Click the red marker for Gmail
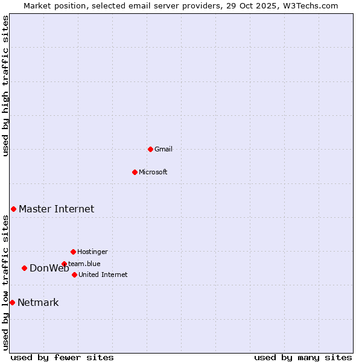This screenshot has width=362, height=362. tap(150, 149)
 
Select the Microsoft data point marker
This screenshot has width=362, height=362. tap(135, 172)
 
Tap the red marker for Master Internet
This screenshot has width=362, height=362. tap(13, 209)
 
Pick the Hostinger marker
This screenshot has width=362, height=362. tap(73, 252)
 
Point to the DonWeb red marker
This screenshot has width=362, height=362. tap(24, 268)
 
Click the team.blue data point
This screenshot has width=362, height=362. tap(64, 264)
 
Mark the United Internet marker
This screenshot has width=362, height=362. tap(74, 275)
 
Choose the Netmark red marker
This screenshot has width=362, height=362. tap(12, 302)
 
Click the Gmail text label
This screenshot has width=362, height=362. tap(164, 150)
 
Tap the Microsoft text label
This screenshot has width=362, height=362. tap(153, 173)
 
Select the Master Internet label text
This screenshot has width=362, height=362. tap(56, 209)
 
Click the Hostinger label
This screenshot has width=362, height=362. tap(92, 252)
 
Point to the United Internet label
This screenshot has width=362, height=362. tap(103, 275)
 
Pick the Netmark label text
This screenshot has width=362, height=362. tap(38, 303)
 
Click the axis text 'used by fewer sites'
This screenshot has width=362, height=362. tap(62, 357)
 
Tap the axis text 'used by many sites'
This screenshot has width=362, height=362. tap(303, 357)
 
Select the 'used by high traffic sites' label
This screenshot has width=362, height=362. tap(6, 86)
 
